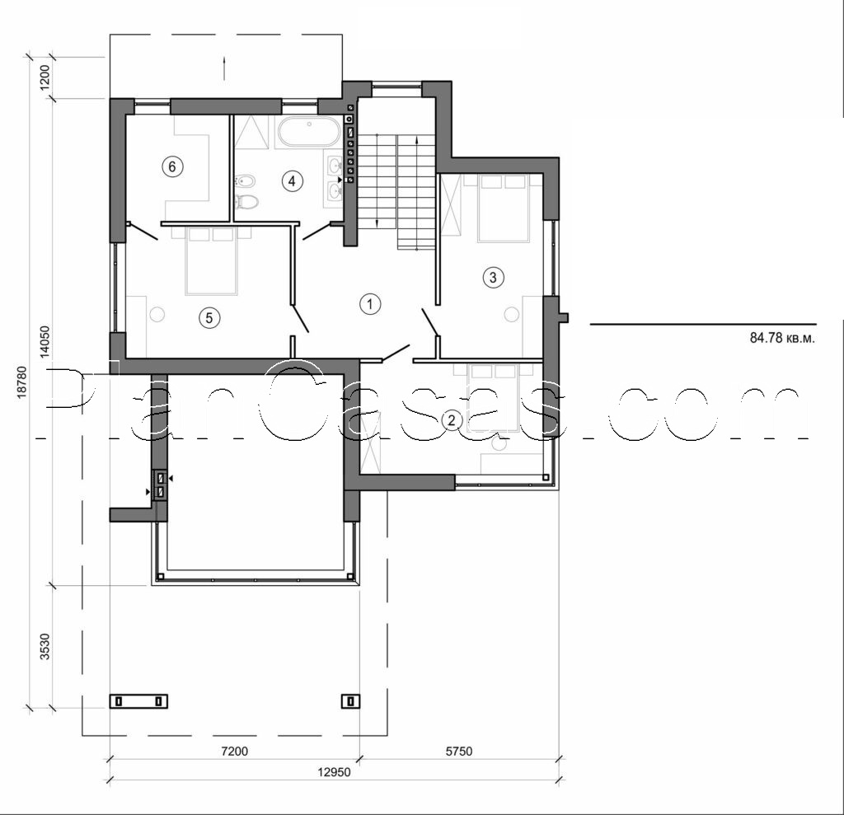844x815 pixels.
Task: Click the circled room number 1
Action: pyautogui.click(x=370, y=304)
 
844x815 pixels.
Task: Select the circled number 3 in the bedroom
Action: pyautogui.click(x=493, y=278)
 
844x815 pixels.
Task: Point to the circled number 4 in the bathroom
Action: pyautogui.click(x=290, y=181)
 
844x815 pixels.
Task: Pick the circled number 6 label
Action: pyautogui.click(x=171, y=166)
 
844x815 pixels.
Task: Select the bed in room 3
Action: pyautogui.click(x=503, y=208)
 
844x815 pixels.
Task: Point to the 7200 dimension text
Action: pyautogui.click(x=235, y=752)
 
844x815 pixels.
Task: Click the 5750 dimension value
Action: pyautogui.click(x=460, y=752)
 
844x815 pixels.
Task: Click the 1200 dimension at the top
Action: pyautogui.click(x=46, y=77)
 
